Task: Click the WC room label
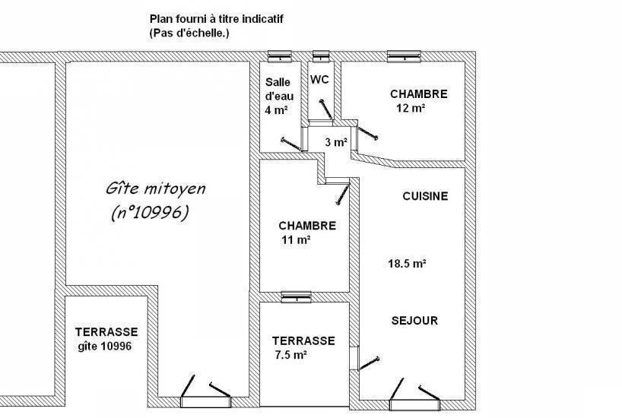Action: point(319,80)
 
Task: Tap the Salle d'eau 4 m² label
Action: point(279,96)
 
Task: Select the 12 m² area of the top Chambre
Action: point(411,108)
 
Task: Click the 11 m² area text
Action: point(296,239)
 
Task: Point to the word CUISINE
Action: point(425,196)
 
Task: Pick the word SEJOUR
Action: point(414,321)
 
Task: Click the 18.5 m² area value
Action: point(407,263)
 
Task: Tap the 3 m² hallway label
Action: point(336,142)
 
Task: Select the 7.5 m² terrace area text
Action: point(290,355)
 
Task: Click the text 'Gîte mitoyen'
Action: point(155,188)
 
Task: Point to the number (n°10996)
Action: point(150,213)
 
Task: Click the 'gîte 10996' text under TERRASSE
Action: point(105,347)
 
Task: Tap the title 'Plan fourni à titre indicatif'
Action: point(217,19)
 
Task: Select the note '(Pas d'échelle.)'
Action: point(189,33)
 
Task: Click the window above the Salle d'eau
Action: point(280,56)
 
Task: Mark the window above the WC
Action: point(321,56)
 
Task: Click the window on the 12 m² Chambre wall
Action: point(404,56)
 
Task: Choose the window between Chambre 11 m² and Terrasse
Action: point(296,297)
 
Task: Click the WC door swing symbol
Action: point(326,109)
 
